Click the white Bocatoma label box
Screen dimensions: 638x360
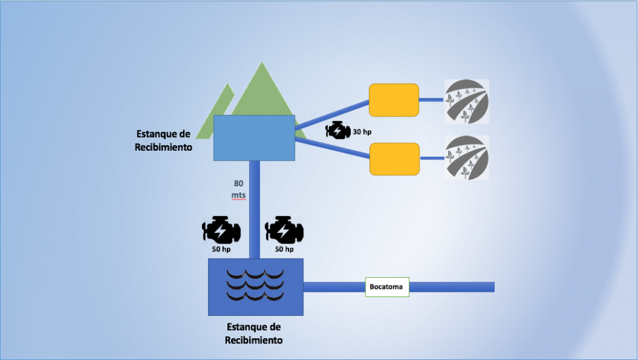tap(387, 287)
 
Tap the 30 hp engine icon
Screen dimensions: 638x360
tap(338, 131)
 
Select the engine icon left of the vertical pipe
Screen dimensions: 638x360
tap(221, 230)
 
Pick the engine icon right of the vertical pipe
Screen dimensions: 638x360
tap(284, 230)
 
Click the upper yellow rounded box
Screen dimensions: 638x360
tap(394, 100)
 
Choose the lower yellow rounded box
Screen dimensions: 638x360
tap(394, 159)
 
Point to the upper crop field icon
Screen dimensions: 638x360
tap(466, 102)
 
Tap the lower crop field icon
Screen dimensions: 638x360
tap(466, 158)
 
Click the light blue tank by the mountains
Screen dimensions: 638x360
tap(254, 138)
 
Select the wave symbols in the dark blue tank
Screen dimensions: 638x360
tap(255, 285)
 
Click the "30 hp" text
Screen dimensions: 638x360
tap(362, 132)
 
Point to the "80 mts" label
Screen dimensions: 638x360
tap(239, 189)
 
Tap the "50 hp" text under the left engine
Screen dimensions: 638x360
tap(221, 249)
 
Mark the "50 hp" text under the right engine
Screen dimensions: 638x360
tap(284, 249)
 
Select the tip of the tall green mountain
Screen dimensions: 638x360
tap(262, 62)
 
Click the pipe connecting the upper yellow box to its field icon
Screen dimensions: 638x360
tap(431, 100)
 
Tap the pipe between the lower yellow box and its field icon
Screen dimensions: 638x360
tap(432, 158)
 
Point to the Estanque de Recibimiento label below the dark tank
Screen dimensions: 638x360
tap(254, 334)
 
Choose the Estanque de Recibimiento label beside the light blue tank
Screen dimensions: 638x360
tap(163, 141)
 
